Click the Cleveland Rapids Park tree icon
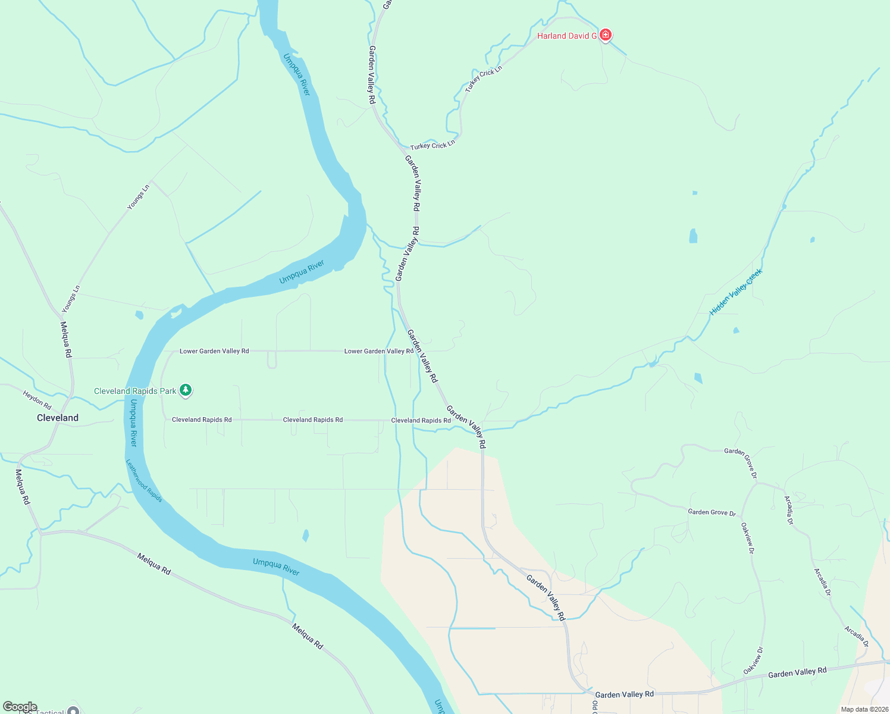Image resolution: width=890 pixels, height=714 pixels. (x=186, y=390)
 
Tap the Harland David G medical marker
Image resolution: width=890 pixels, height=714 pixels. (x=606, y=35)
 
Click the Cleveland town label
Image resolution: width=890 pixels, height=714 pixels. (x=58, y=418)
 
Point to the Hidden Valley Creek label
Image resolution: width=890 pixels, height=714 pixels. (x=736, y=292)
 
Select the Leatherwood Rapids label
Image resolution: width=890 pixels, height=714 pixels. (x=144, y=480)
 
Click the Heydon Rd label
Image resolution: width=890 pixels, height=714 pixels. (x=37, y=400)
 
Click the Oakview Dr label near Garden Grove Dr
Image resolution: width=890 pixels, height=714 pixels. (x=747, y=538)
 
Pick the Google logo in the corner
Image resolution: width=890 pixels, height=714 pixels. (x=20, y=707)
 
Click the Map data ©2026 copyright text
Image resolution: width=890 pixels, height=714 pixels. (x=864, y=709)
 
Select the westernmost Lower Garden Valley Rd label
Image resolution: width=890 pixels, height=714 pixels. (x=214, y=351)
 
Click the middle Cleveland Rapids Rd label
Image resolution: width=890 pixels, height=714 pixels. (x=313, y=419)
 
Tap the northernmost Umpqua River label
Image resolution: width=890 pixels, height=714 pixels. (x=297, y=74)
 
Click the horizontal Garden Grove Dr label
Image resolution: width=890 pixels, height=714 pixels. (x=712, y=512)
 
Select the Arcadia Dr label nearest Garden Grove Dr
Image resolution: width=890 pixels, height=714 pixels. (x=789, y=510)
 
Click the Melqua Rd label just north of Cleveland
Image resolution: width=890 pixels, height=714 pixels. (x=66, y=339)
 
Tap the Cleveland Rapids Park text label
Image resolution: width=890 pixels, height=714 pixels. (x=135, y=391)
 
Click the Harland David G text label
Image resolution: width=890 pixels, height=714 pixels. (x=566, y=36)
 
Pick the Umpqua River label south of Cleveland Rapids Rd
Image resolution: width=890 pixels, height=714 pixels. (x=133, y=423)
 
